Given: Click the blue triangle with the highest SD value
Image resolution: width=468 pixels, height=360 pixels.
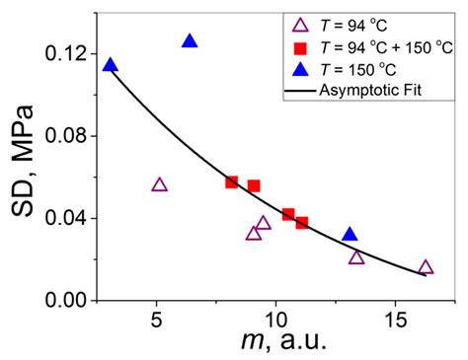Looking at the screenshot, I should [190, 41].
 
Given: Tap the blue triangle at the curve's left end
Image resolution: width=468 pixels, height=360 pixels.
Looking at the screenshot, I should [110, 66].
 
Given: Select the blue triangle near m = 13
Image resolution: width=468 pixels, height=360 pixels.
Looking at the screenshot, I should [350, 235].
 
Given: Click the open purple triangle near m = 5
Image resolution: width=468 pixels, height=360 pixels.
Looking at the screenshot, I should [160, 184].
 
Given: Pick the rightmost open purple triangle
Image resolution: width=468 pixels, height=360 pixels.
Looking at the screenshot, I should [426, 267].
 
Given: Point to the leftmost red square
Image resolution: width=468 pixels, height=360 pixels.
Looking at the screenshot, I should [232, 181].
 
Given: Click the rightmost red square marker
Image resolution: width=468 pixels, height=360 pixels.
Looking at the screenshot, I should [302, 223].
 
